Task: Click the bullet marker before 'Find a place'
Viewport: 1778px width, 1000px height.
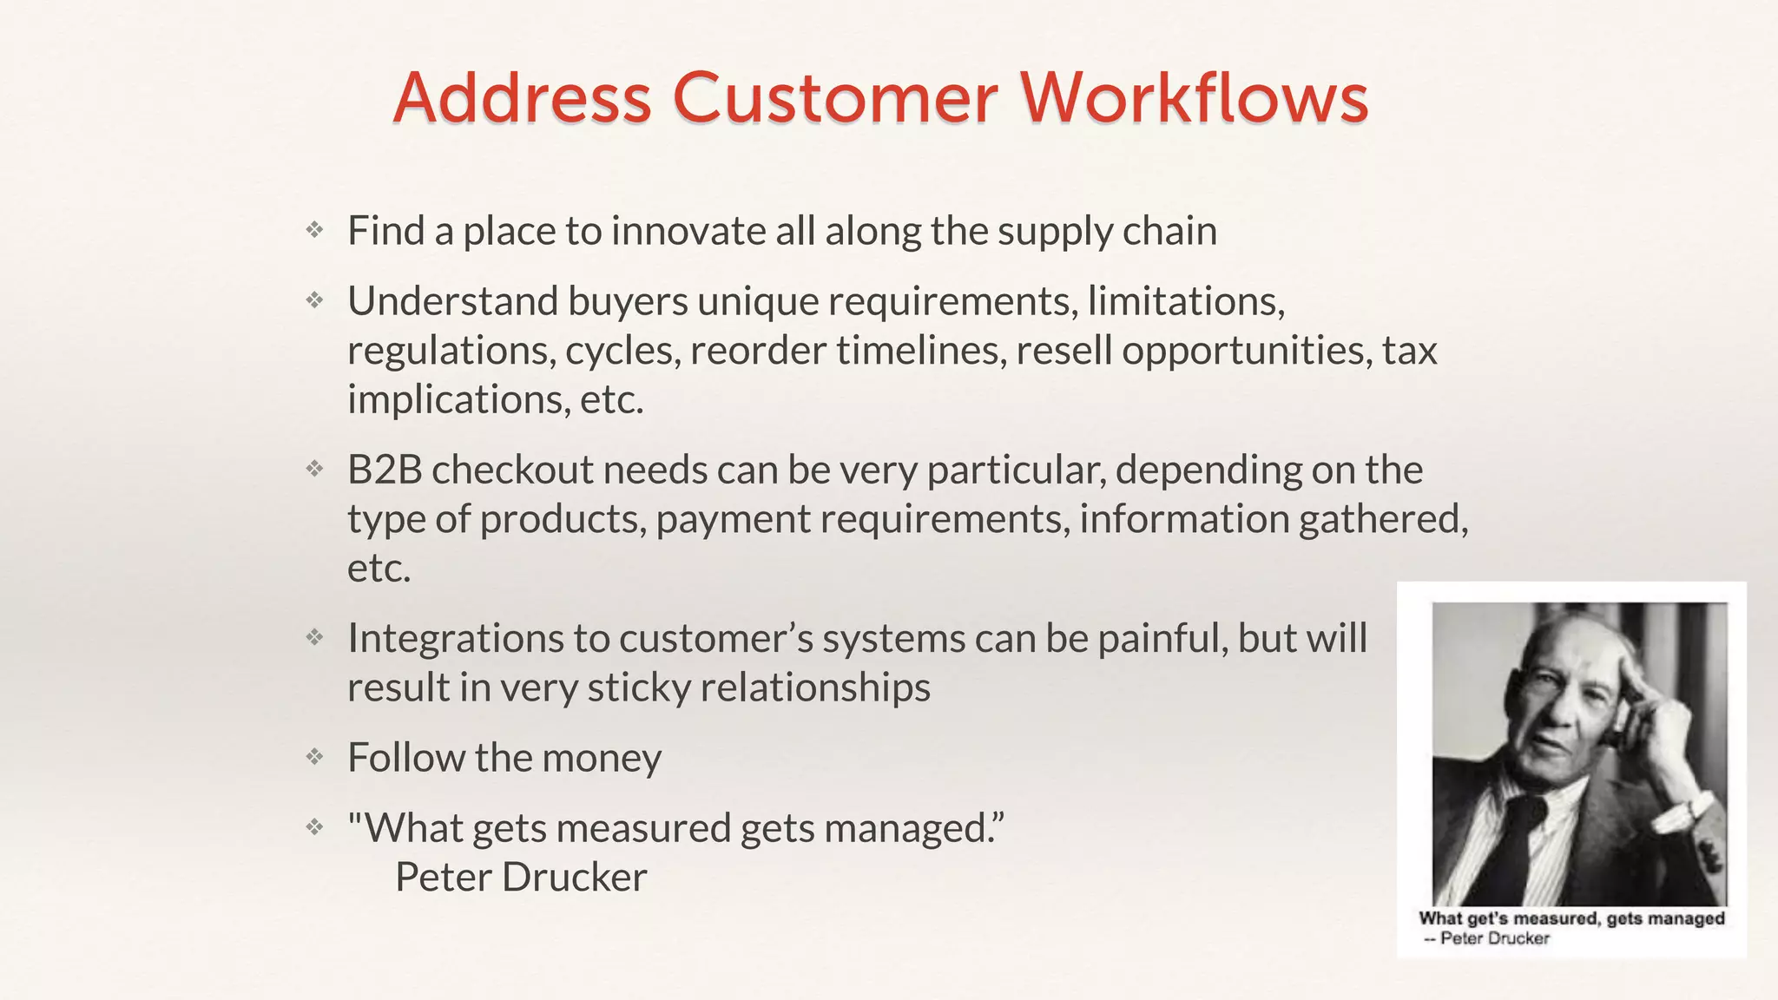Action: click(314, 230)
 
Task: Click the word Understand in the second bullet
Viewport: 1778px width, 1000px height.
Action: click(452, 301)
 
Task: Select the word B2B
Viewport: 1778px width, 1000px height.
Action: click(385, 470)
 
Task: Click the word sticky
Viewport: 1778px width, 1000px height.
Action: click(638, 687)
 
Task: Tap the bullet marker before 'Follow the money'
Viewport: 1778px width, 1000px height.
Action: click(314, 757)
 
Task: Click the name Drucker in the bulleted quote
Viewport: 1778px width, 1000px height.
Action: click(574, 877)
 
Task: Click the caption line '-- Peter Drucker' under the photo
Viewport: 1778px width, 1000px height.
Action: click(1486, 938)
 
